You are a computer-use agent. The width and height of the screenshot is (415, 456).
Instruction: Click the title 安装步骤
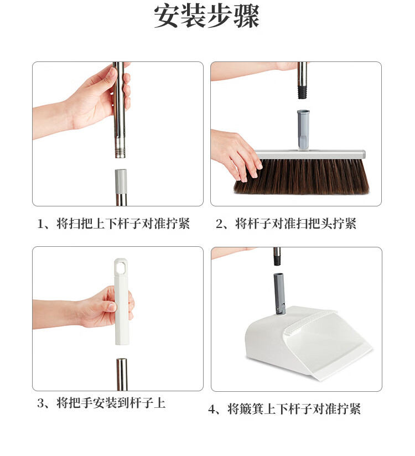207,16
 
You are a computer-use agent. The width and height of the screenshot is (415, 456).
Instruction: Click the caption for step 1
114,224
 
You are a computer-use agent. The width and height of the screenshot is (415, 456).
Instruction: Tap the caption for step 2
286,224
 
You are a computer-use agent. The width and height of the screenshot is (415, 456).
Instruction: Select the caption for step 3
101,403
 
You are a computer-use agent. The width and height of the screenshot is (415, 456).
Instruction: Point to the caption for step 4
285,409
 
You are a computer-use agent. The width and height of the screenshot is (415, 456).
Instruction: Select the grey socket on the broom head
303,128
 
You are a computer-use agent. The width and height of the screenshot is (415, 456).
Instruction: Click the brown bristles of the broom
302,175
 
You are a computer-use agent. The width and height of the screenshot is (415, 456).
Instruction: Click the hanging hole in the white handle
121,267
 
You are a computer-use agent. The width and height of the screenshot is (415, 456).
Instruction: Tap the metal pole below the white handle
122,374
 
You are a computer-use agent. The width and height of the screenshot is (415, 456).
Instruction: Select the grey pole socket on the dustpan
279,294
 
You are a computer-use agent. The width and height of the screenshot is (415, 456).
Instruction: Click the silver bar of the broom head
310,154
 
